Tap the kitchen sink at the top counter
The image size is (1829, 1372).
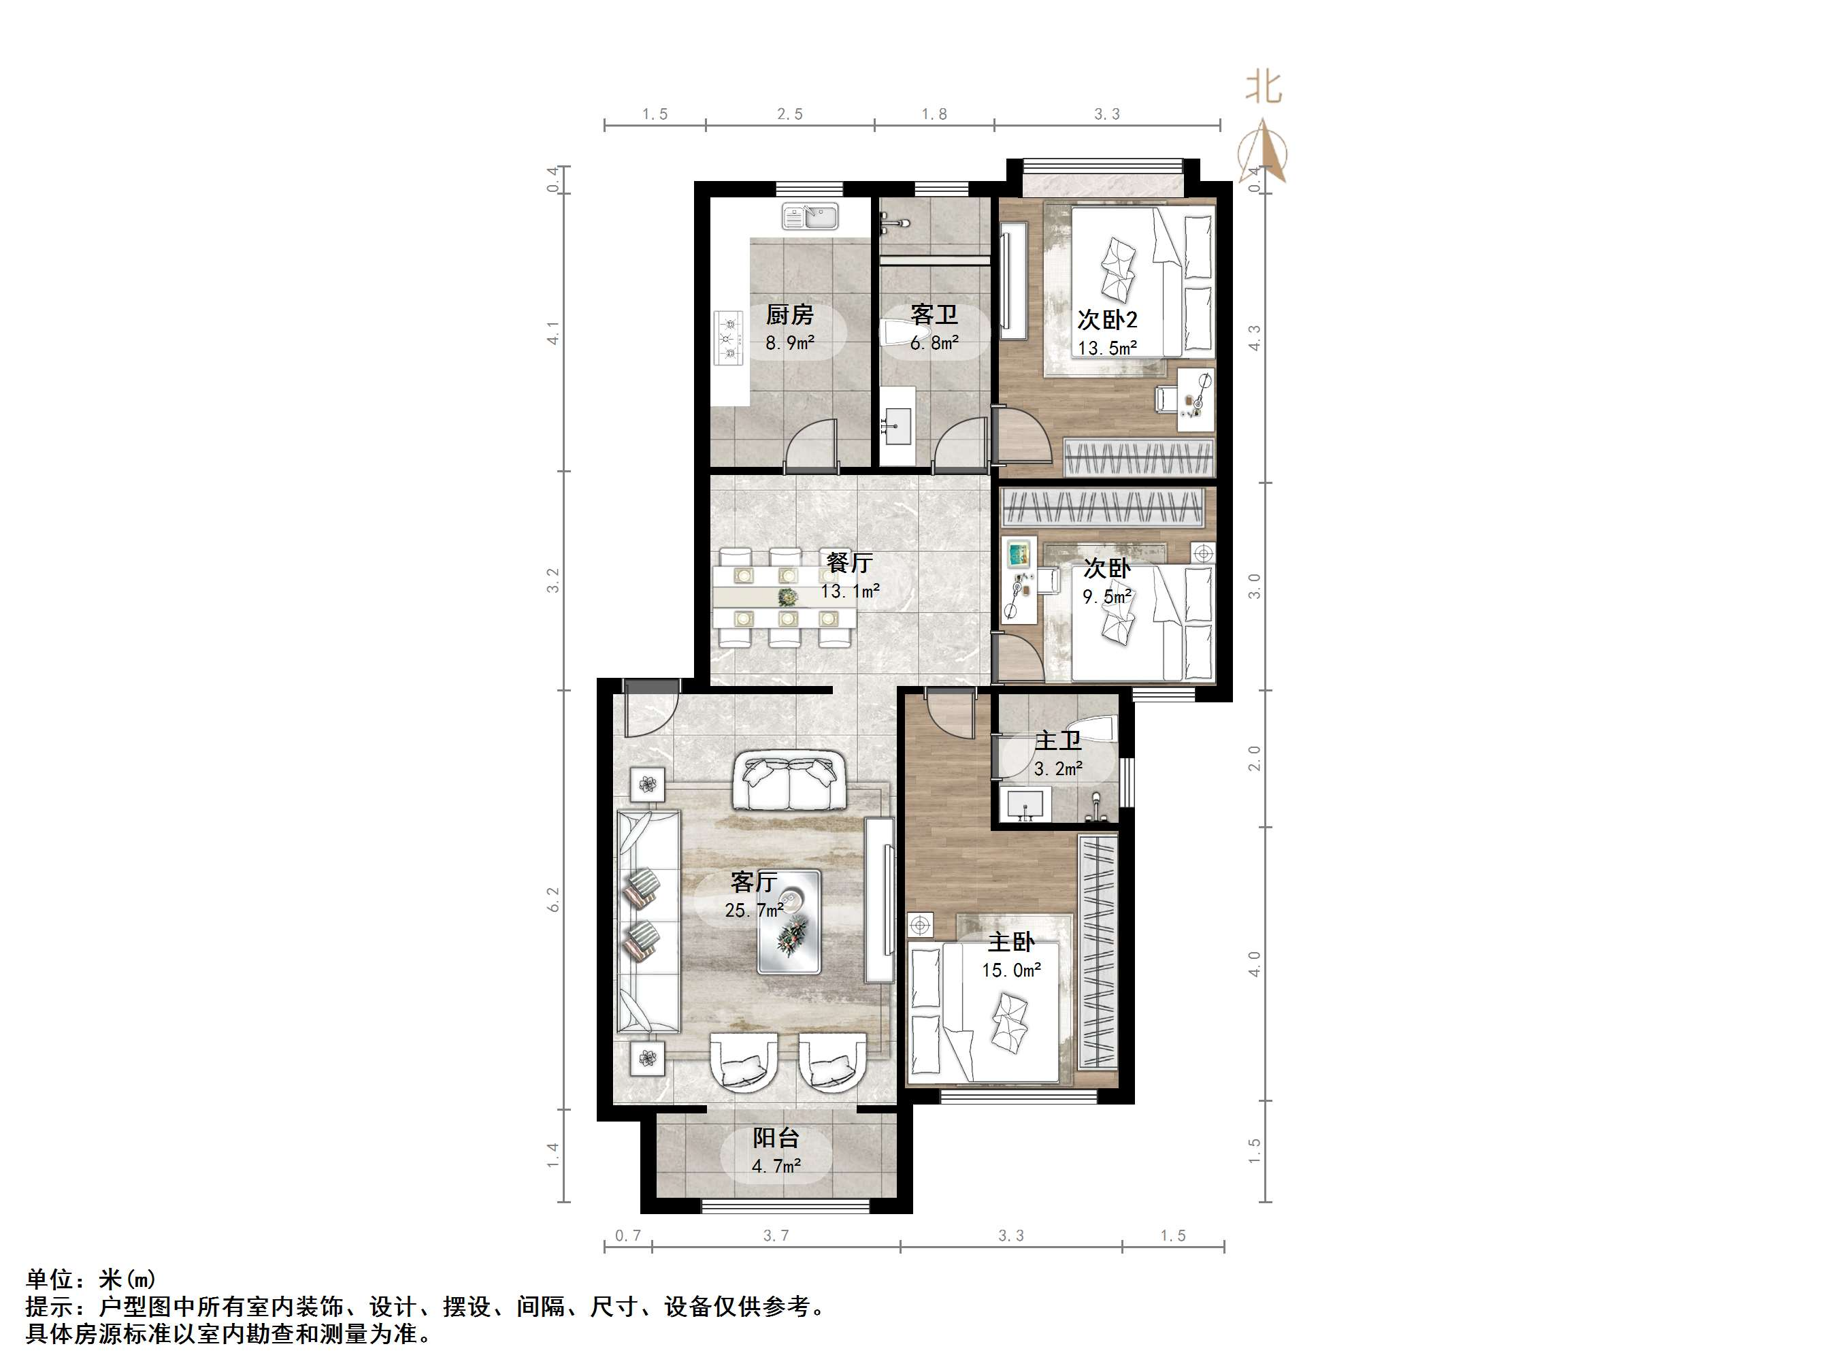[x=810, y=216]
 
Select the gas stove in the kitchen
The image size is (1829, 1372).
[x=729, y=338]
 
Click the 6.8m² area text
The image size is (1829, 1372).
[x=934, y=342]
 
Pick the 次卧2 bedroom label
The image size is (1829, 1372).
[x=1107, y=320]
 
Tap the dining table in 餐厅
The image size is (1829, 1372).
[x=785, y=596]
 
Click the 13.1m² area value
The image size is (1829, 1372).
[x=850, y=591]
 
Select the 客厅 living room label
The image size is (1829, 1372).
[x=753, y=883]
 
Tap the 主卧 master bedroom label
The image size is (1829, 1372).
[x=1011, y=942]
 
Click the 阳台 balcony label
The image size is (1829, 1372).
[x=776, y=1138]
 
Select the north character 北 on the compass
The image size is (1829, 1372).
[x=1264, y=87]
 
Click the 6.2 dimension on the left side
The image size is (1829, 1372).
[x=553, y=900]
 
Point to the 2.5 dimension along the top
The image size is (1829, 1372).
[x=790, y=114]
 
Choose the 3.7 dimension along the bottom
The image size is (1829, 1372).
[x=776, y=1235]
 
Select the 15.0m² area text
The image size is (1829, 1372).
[x=1011, y=970]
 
